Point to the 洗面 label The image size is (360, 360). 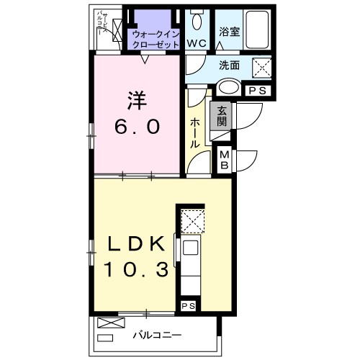(231, 64)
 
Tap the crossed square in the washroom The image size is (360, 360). (261, 68)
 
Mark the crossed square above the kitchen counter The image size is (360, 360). (192, 220)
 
